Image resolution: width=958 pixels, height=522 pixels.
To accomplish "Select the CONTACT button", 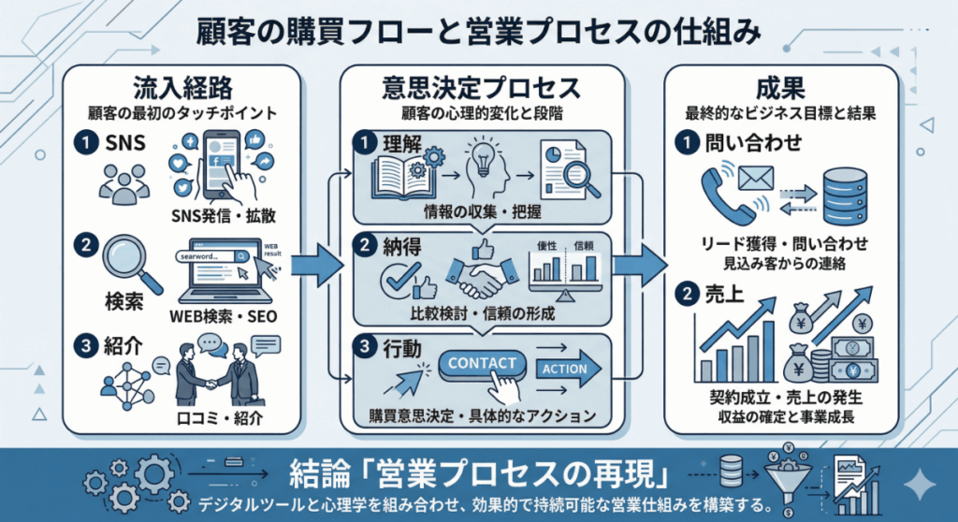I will point(483,363).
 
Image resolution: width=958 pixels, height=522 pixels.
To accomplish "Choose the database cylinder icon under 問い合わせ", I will point(847,190).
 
